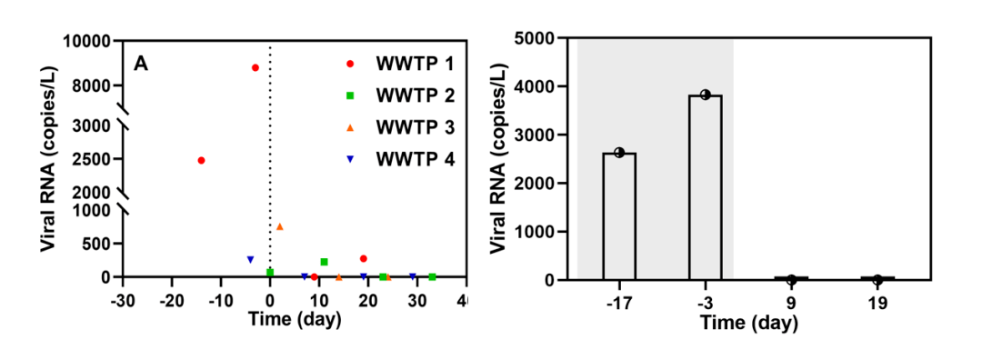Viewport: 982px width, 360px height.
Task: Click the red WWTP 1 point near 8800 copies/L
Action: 255,67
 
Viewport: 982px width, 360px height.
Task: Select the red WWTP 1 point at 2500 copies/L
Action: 201,160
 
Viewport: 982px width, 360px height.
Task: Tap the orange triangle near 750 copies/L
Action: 280,226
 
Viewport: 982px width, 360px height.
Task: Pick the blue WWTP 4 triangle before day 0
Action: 251,259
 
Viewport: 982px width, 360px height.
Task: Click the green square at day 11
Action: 324,262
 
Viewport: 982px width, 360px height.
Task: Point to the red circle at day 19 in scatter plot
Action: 363,258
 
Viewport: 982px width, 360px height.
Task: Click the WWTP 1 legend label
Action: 415,64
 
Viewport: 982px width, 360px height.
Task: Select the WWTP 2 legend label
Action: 415,95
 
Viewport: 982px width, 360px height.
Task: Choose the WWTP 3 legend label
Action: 415,127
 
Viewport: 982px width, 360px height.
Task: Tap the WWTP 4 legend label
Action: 415,159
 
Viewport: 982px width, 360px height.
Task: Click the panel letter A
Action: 142,64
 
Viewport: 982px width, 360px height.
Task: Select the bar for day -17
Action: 619,216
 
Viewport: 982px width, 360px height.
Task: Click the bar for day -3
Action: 706,187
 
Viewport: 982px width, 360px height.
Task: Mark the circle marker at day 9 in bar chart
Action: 792,279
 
